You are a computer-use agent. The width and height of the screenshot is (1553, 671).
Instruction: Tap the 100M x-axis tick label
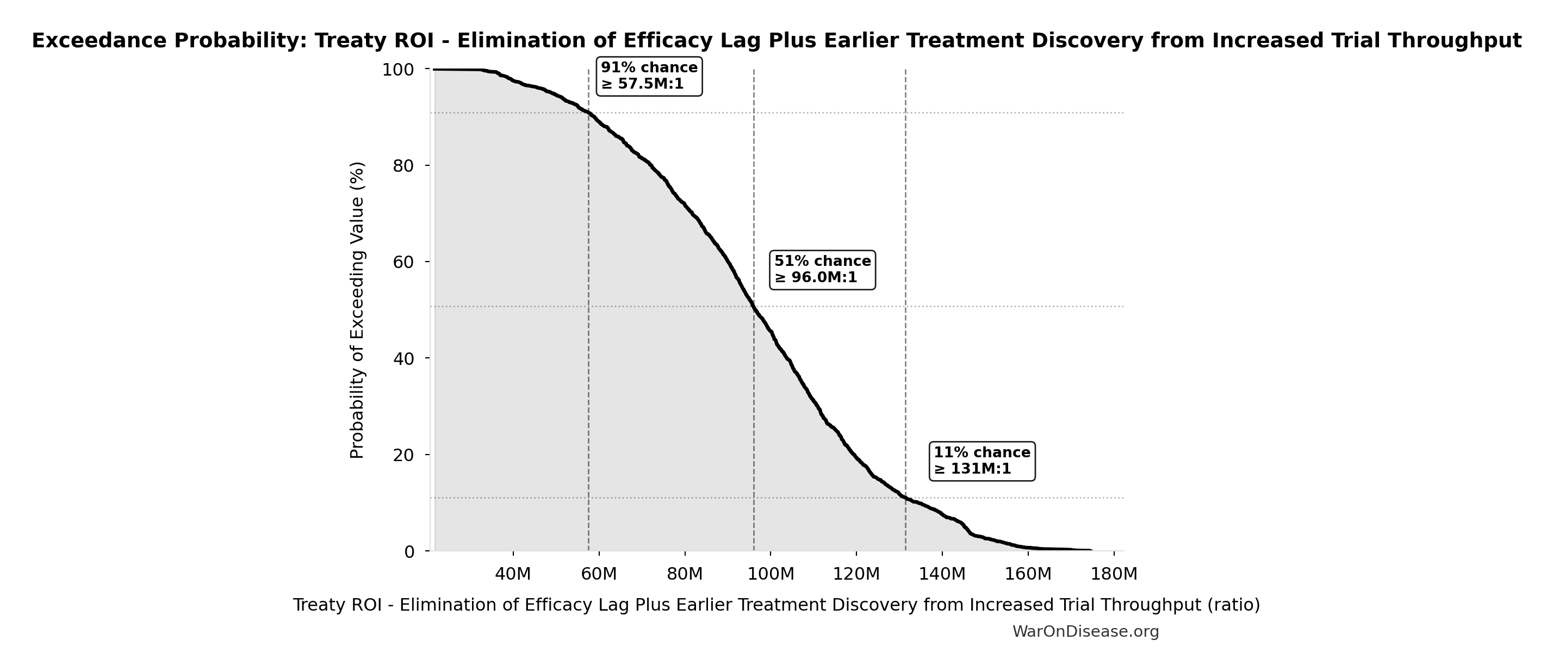pyautogui.click(x=771, y=574)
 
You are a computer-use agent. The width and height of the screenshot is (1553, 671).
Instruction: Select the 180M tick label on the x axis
pyautogui.click(x=1114, y=574)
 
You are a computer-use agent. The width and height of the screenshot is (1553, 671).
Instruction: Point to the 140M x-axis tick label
pyautogui.click(x=942, y=574)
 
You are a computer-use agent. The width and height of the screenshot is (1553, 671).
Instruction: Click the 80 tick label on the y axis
pyautogui.click(x=403, y=166)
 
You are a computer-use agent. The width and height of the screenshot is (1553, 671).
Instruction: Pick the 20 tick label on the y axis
pyautogui.click(x=403, y=455)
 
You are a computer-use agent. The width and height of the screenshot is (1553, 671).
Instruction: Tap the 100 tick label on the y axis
pyautogui.click(x=398, y=70)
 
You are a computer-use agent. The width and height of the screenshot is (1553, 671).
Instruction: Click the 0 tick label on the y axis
pyautogui.click(x=409, y=551)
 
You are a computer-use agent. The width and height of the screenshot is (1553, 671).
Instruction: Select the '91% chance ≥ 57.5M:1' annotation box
pyautogui.click(x=649, y=76)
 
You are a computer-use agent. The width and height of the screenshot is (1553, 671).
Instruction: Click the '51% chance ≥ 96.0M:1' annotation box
pyautogui.click(x=822, y=270)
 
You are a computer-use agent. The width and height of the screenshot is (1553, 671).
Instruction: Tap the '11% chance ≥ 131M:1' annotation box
pyautogui.click(x=982, y=461)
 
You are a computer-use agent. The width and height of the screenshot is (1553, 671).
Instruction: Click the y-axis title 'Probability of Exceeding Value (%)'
pyautogui.click(x=357, y=310)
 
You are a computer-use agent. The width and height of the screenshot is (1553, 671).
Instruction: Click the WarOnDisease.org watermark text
pyautogui.click(x=1085, y=631)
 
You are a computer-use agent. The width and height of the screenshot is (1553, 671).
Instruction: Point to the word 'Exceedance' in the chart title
pyautogui.click(x=100, y=40)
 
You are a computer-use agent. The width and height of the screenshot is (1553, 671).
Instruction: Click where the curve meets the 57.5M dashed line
pyautogui.click(x=588, y=113)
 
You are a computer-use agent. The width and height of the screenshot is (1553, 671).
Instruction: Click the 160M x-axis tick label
pyautogui.click(x=1028, y=574)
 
